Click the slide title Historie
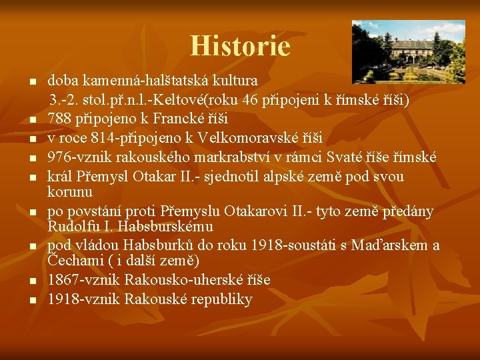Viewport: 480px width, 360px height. [x=240, y=46]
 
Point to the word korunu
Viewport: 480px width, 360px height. [x=69, y=191]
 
